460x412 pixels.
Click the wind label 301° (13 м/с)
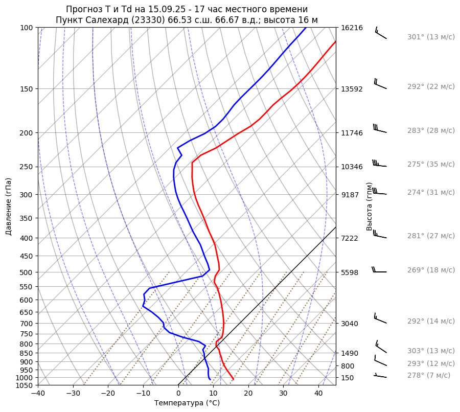[x=431, y=37]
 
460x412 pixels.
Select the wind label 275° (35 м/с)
[x=431, y=164]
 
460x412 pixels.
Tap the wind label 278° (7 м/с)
[x=429, y=375]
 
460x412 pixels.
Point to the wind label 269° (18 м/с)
[x=431, y=270]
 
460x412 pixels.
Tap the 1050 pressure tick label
[x=25, y=385]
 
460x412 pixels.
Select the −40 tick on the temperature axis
[x=38, y=394]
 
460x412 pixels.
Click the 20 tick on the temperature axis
[x=248, y=394]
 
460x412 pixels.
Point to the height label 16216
[x=352, y=28]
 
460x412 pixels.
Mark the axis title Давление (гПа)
[x=9, y=207]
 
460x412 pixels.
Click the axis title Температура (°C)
[x=187, y=403]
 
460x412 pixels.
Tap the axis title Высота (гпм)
[x=370, y=207]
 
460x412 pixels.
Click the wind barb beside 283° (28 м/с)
[x=379, y=128]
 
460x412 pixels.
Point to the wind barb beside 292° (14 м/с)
[x=380, y=319]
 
